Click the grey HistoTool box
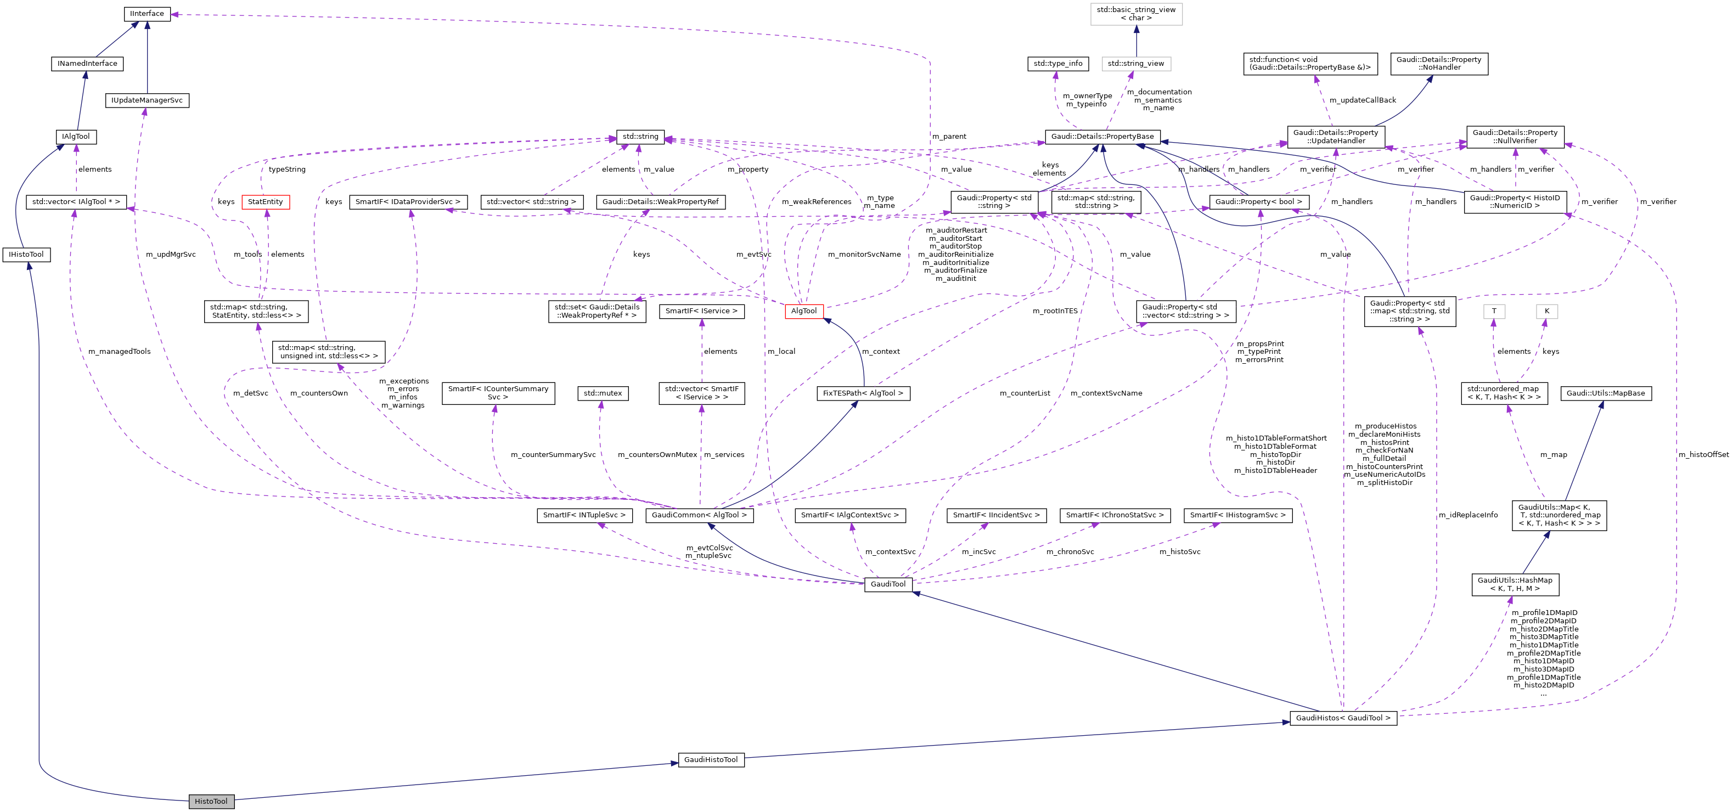pos(211,801)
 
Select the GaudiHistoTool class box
pos(711,759)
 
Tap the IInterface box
pos(147,14)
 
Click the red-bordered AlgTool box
pos(803,311)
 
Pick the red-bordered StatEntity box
pos(265,202)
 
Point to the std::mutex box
pos(603,393)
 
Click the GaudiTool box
pos(887,584)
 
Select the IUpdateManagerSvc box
pos(147,100)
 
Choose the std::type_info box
pos(1057,63)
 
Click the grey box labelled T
pos(1494,311)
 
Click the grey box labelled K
pos(1546,311)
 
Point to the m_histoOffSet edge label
pos(1703,454)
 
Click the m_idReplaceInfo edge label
pos(1468,515)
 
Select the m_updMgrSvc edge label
pos(171,254)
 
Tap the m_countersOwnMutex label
pos(657,454)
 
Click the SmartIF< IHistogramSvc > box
pos(1237,515)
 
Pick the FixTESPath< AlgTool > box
pos(863,393)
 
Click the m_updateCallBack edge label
pos(1363,100)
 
